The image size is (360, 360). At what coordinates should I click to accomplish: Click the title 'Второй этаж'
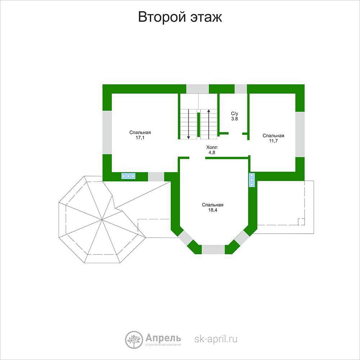(x=180, y=17)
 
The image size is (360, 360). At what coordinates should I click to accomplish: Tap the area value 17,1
(x=140, y=138)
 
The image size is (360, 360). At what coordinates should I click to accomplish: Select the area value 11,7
(x=273, y=141)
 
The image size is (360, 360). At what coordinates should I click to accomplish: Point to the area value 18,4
(x=213, y=210)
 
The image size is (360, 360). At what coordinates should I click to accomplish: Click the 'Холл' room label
(x=212, y=147)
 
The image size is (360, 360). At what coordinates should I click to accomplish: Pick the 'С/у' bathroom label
(x=235, y=113)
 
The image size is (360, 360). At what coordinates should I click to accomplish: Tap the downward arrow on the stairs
(x=189, y=124)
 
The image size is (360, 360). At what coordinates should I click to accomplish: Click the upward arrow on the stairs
(x=209, y=124)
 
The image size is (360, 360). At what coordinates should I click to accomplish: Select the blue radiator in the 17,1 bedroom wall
(x=129, y=176)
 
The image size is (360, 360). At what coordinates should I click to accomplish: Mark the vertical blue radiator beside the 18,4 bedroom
(x=252, y=180)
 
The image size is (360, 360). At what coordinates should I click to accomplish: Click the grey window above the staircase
(x=197, y=89)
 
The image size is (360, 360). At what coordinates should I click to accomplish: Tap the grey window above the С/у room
(x=240, y=89)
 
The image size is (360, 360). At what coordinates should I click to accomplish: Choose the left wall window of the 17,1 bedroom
(x=107, y=132)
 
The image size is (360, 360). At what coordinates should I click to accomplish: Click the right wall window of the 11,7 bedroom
(x=300, y=134)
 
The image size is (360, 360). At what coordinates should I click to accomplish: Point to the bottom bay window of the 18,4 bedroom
(x=213, y=249)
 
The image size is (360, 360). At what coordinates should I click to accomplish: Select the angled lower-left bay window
(x=185, y=238)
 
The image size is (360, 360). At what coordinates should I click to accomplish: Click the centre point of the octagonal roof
(x=102, y=220)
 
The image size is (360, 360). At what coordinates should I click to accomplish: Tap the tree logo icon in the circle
(x=134, y=340)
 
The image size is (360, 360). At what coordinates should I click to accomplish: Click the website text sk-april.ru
(x=216, y=339)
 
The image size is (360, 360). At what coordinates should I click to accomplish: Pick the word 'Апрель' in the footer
(x=163, y=338)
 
